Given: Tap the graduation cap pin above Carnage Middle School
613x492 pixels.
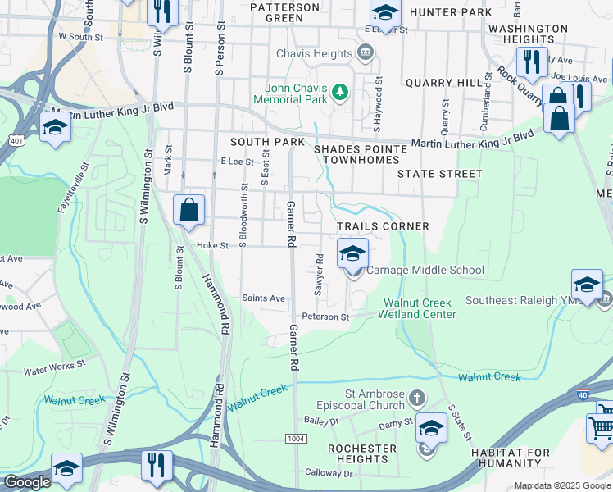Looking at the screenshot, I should click(x=352, y=253).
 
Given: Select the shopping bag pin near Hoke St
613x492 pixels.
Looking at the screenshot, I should click(x=188, y=211).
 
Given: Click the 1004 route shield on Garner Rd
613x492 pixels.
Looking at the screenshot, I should click(x=294, y=440).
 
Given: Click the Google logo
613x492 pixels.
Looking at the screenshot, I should click(x=27, y=482).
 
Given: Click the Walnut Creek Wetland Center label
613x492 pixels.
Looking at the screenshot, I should click(x=420, y=308).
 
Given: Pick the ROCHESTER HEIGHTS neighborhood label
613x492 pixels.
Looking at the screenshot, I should click(x=361, y=453).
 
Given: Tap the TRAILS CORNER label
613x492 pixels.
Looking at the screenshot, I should click(x=383, y=225).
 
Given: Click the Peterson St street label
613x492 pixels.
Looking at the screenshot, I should click(x=325, y=317).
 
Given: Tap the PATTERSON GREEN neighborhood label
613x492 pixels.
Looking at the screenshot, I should click(x=284, y=12).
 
